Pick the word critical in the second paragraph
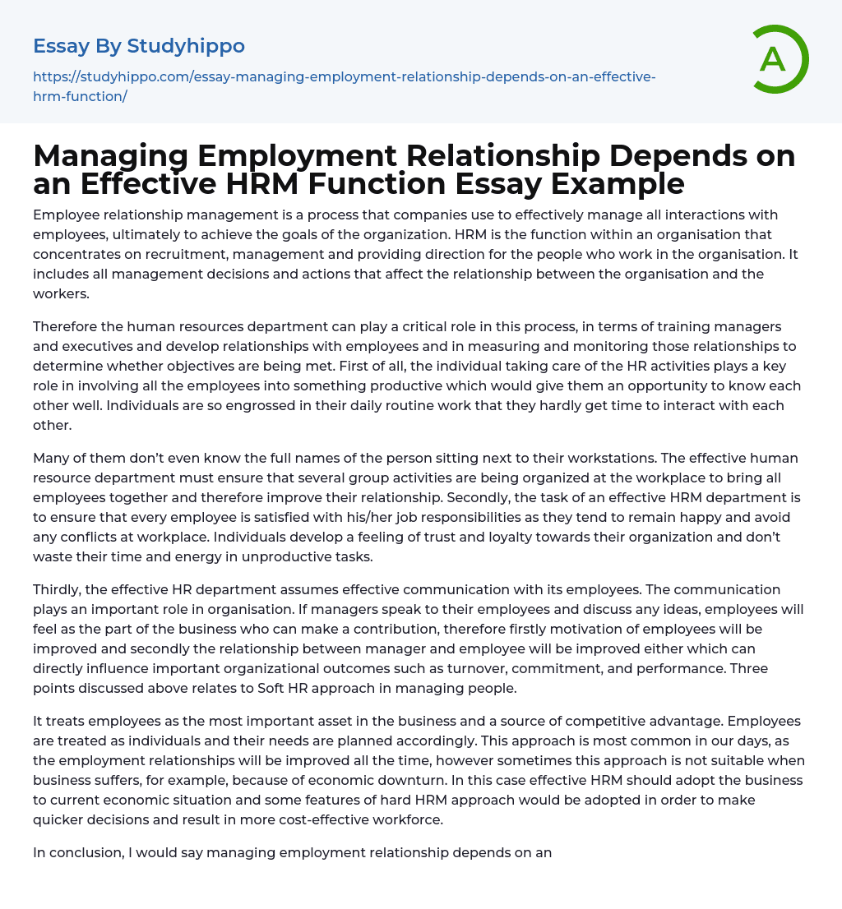click(x=428, y=326)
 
